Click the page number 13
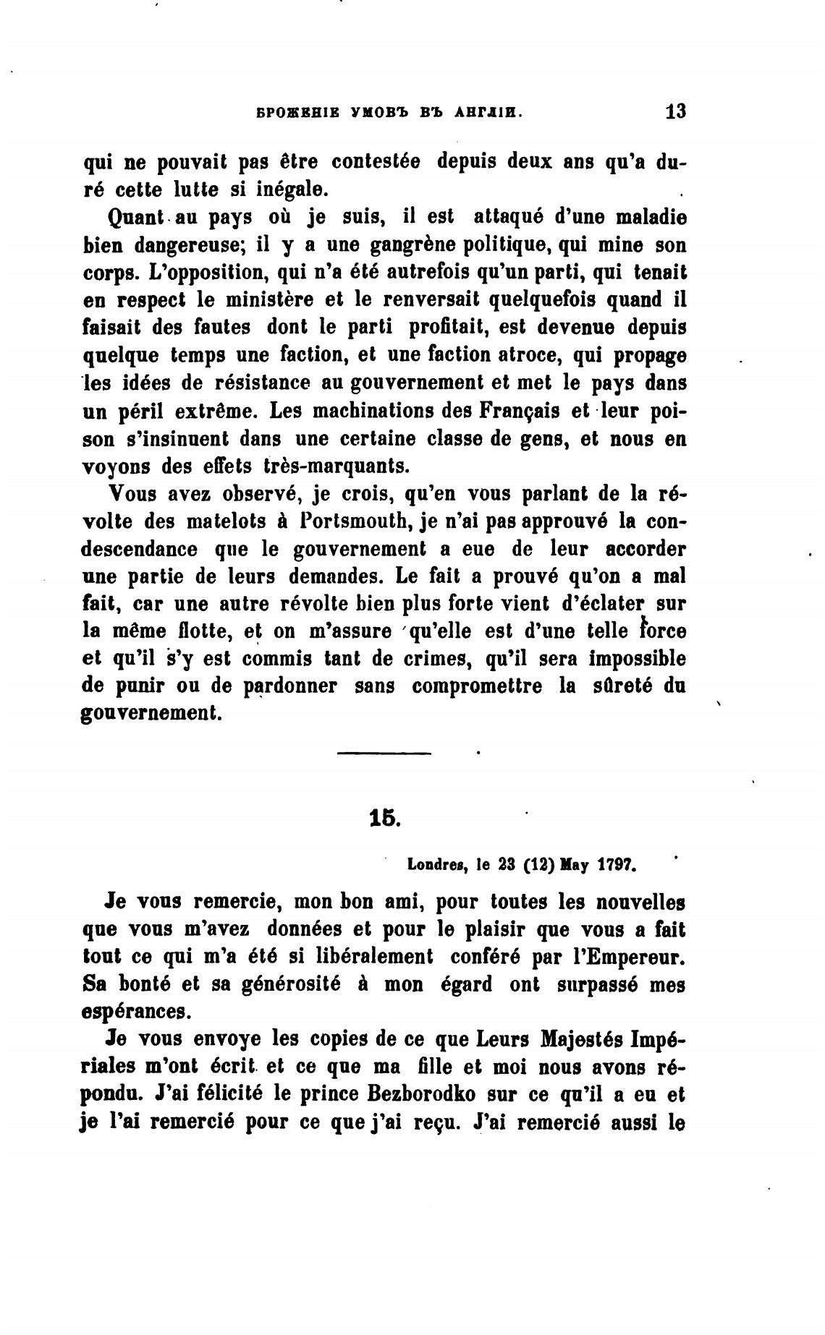[674, 112]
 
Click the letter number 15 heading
[384, 818]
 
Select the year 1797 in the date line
[616, 863]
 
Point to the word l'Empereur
[630, 956]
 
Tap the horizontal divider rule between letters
[384, 754]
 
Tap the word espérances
[137, 1011]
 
